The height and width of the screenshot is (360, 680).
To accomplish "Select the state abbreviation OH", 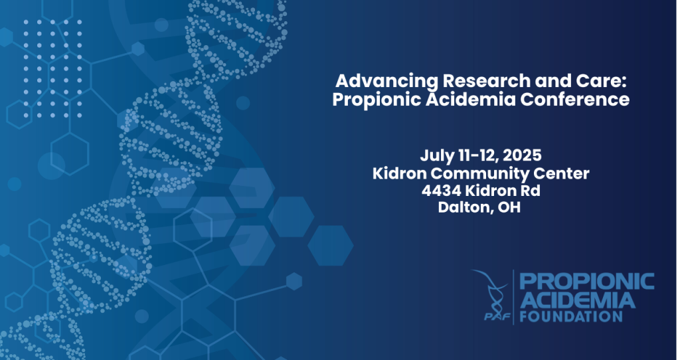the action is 509,207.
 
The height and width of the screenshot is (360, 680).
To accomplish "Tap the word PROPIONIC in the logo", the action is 587,282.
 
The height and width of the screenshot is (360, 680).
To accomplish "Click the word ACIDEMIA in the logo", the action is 577,300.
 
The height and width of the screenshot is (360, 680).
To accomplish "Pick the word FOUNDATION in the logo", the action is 571,316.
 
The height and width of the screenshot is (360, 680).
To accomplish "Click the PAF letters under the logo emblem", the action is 497,316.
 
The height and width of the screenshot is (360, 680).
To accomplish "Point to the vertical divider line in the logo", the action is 514,297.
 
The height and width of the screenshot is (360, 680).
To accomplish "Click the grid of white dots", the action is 52,68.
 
